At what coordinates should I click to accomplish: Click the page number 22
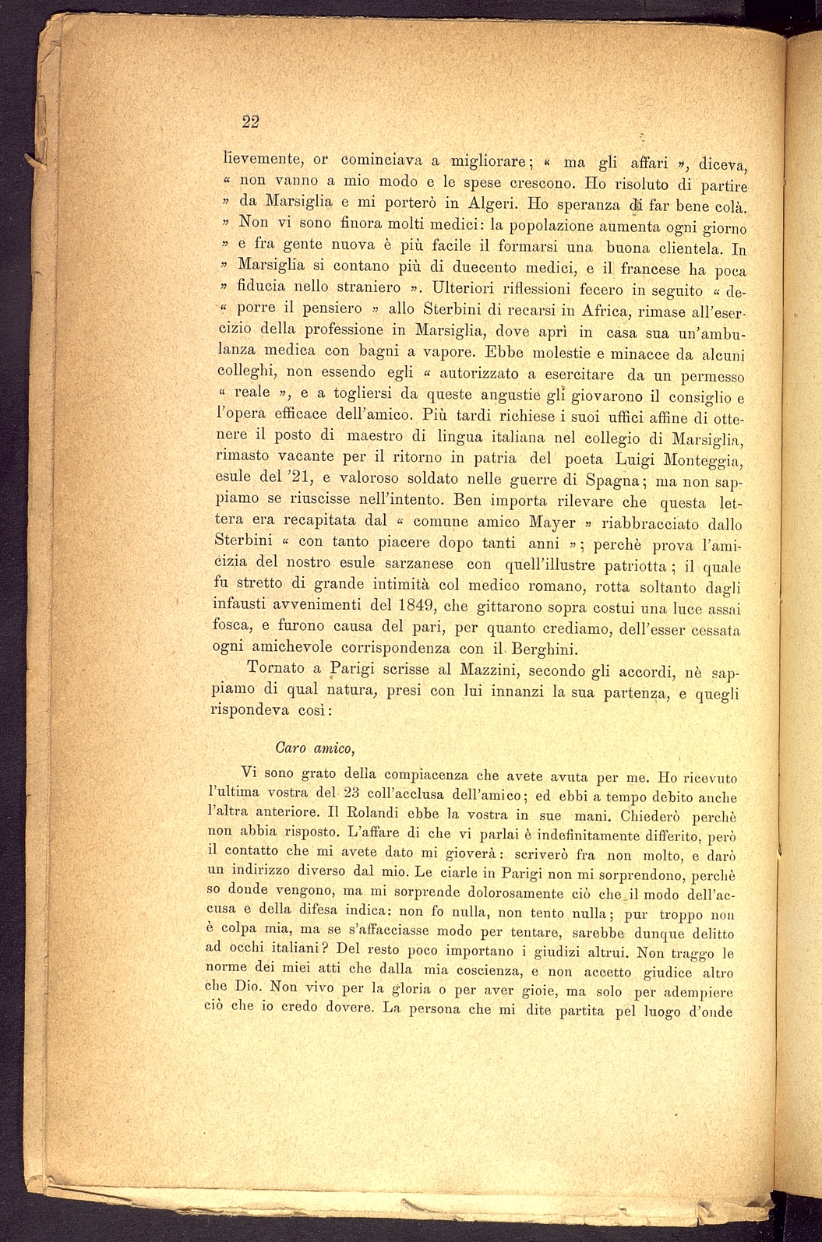point(250,121)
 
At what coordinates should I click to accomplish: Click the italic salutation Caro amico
point(316,748)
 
